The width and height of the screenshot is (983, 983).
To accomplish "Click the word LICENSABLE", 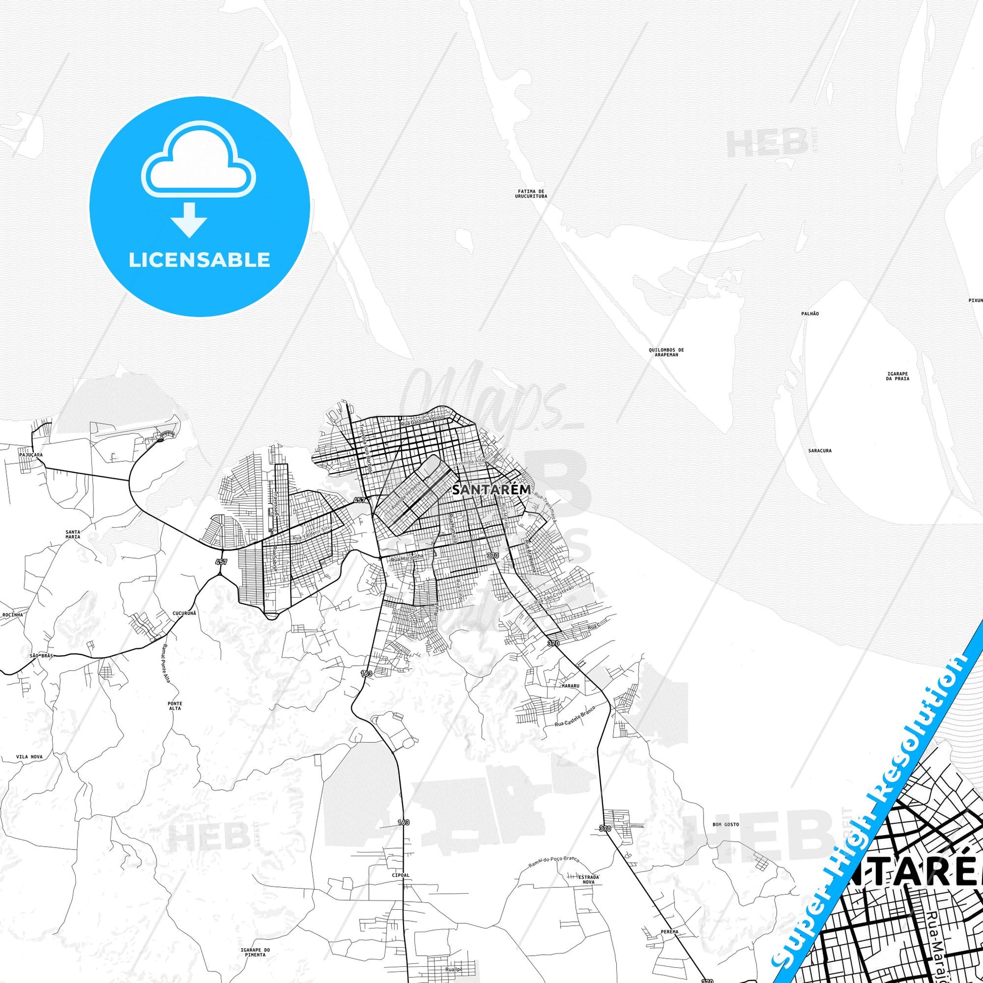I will pyautogui.click(x=199, y=260).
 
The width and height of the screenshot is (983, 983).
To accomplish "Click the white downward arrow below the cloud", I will pyautogui.click(x=189, y=220).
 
